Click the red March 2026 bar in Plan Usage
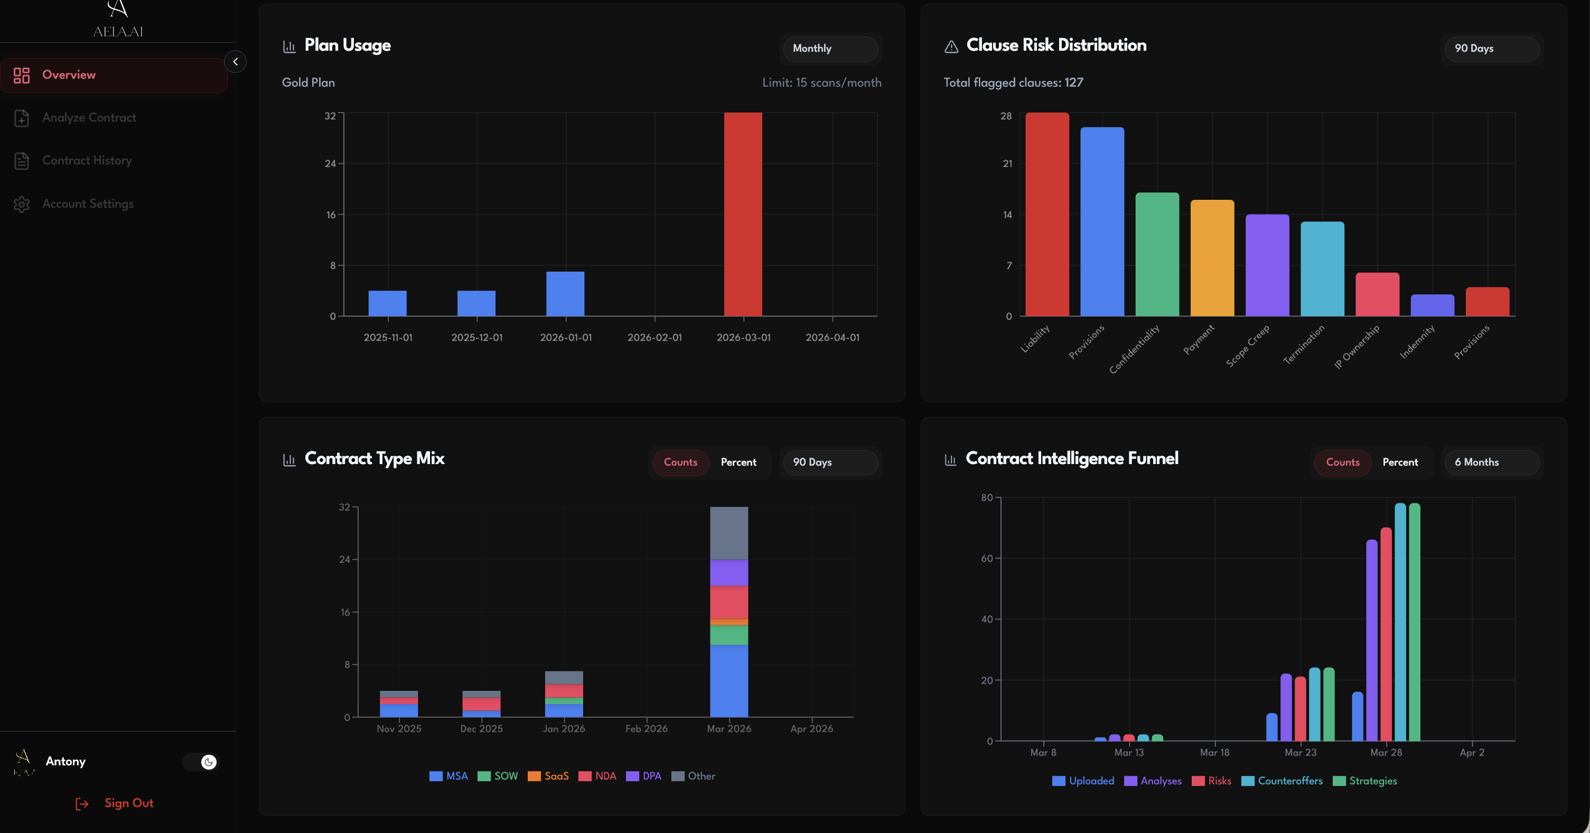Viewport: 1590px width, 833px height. point(743,214)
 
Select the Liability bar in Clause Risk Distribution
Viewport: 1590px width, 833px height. point(1047,214)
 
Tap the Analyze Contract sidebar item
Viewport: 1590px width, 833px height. point(89,117)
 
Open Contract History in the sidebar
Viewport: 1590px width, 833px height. point(87,161)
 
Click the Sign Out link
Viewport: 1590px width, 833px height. point(128,803)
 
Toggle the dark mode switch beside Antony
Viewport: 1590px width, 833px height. point(201,762)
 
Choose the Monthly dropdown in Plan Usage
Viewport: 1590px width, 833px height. point(829,48)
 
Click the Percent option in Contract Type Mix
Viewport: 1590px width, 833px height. point(738,462)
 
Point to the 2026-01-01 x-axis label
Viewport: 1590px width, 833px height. point(565,337)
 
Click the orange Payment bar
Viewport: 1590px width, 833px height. point(1212,257)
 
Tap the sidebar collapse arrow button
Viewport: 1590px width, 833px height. point(235,62)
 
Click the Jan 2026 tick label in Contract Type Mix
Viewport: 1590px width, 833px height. point(564,729)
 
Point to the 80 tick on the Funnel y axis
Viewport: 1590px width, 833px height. point(986,498)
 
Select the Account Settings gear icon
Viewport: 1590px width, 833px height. point(22,204)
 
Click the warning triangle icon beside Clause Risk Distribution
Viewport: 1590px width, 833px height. point(951,47)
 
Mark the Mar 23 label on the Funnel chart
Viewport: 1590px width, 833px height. point(1300,752)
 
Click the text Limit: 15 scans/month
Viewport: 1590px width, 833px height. point(821,83)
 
